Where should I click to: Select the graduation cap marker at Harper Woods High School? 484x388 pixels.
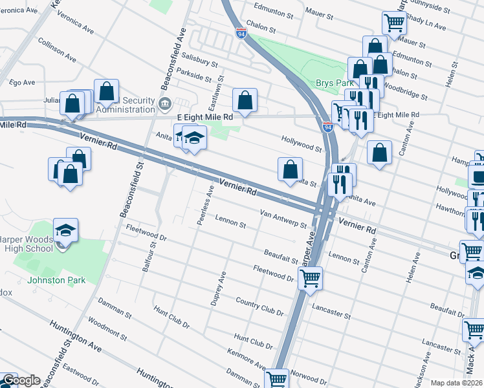(65, 231)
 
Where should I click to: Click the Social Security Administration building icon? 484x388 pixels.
(164, 103)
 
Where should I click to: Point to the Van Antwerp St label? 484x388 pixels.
(283, 218)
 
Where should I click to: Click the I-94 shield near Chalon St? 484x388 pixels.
(241, 33)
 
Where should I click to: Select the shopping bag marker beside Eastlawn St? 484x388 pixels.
(245, 101)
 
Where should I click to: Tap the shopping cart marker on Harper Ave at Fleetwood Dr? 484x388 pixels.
(310, 279)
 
